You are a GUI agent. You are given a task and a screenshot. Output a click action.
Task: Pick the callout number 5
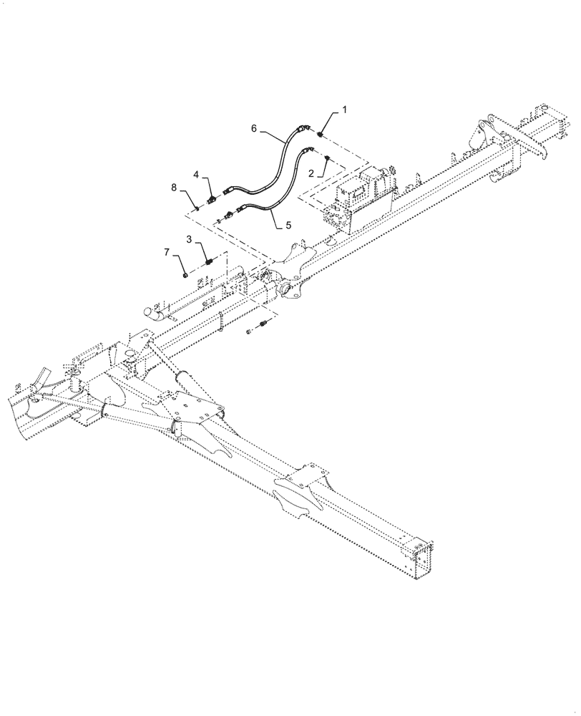coord(288,224)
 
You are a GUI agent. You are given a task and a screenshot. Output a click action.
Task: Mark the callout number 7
coord(167,253)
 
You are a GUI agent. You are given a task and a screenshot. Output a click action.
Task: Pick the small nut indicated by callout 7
coord(185,273)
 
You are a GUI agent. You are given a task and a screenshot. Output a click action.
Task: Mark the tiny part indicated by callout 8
coord(195,208)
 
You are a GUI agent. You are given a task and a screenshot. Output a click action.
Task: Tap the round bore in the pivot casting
coord(288,290)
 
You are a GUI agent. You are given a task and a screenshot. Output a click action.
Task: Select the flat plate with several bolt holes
coord(189,409)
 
